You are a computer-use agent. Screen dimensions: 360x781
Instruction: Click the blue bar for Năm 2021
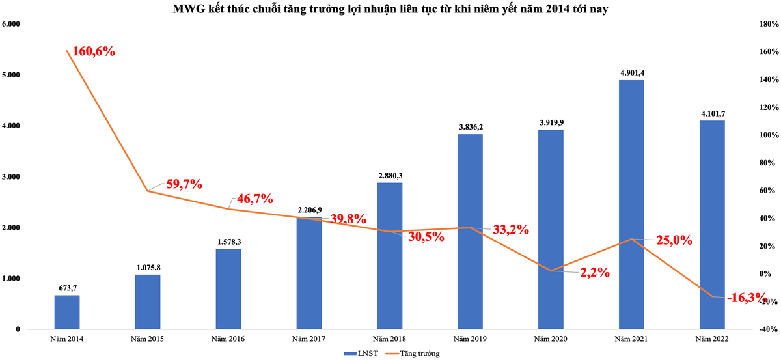631,204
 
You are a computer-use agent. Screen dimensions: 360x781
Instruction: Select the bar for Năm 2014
67,312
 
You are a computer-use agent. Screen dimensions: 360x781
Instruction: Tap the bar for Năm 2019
470,231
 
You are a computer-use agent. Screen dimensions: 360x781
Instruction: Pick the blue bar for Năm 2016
228,288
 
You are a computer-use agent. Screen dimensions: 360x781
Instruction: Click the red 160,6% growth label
90,51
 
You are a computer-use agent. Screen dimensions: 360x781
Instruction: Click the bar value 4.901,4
631,72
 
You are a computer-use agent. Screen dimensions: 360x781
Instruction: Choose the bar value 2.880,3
389,175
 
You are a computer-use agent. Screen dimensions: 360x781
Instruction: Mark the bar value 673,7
67,288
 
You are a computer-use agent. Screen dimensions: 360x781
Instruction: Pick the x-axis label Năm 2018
389,339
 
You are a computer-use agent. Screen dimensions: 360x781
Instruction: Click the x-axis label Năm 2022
712,339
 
